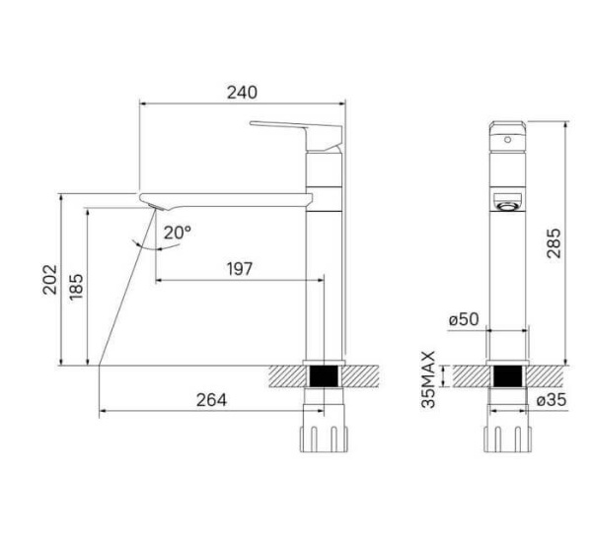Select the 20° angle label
[x=178, y=233]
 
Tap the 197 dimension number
[x=238, y=268]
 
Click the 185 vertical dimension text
[x=76, y=285]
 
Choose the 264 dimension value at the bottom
[x=210, y=399]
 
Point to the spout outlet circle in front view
[x=508, y=206]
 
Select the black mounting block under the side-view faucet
[x=325, y=375]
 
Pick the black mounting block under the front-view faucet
[x=508, y=375]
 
